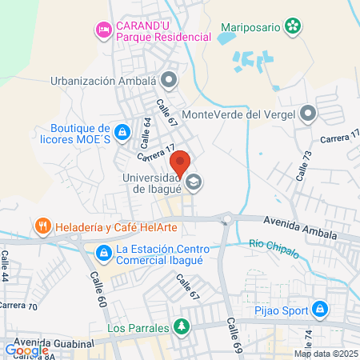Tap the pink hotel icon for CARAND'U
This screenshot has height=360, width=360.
103,30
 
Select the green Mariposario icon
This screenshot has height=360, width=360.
294,26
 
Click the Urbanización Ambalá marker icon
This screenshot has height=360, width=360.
169,80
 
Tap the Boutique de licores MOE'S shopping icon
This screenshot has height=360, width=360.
122,131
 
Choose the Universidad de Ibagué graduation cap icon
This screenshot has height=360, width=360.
193,183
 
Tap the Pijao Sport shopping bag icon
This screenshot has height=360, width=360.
320,308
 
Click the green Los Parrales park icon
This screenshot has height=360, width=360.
182,326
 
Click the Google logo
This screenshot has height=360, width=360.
26,350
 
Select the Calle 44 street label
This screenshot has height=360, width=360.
6,265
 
